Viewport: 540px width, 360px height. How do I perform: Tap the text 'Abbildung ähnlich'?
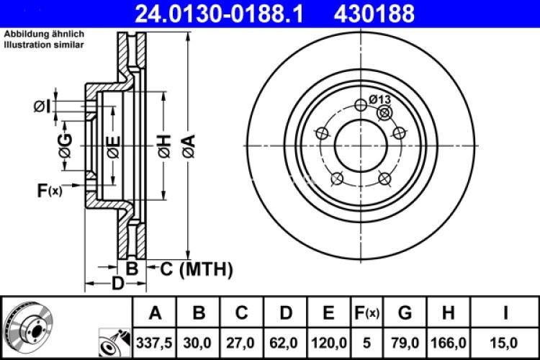(45, 35)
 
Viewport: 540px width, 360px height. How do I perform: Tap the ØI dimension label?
(42, 107)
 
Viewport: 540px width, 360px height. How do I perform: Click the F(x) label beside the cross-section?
(50, 191)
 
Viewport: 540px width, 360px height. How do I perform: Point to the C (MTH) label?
(196, 269)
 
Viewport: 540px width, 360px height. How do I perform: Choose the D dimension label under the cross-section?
(117, 283)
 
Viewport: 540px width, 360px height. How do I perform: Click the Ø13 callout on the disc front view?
(379, 99)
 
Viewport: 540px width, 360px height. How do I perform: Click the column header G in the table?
(405, 313)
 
